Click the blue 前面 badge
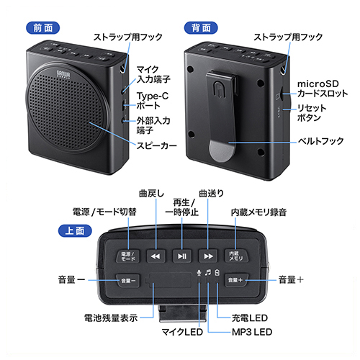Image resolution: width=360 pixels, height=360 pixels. (42, 28)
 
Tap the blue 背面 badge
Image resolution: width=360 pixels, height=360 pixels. (201, 28)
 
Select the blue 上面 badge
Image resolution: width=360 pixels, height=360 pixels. (75, 230)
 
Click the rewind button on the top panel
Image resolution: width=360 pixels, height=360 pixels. (156, 256)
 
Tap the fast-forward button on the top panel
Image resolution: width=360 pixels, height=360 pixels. (208, 256)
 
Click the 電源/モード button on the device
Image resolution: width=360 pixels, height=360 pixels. (127, 256)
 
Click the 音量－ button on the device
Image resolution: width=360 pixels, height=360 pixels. (127, 280)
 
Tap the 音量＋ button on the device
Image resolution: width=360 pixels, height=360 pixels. (236, 280)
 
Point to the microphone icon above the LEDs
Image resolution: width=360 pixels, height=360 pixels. (199, 273)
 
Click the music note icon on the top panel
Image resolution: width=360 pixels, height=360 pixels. (208, 272)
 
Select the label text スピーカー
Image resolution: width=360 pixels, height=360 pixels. (156, 145)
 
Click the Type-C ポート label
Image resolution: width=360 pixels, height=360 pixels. (153, 101)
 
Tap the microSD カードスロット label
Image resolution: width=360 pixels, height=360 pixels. (323, 89)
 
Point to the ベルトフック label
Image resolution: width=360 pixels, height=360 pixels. (320, 141)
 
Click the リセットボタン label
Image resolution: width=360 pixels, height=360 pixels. (312, 113)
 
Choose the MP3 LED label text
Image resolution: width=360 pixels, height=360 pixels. (252, 332)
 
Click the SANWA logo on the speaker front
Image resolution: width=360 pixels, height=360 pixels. (63, 74)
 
